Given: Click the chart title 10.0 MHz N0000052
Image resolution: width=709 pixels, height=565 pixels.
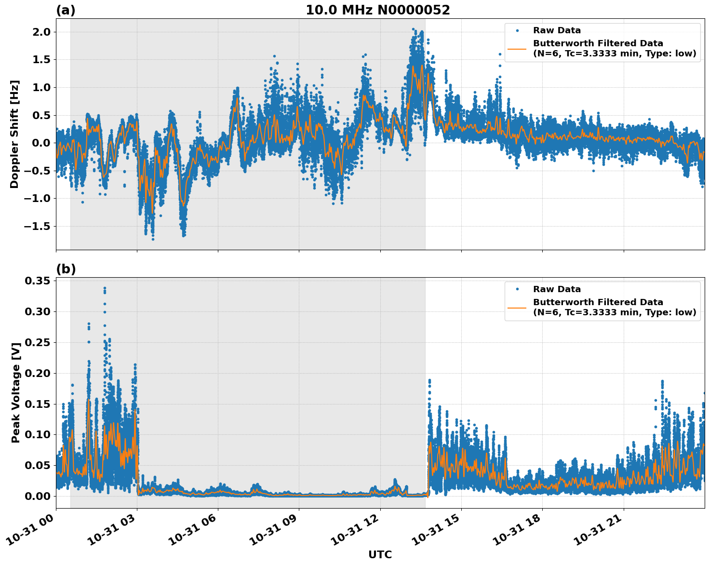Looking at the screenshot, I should pos(377,10).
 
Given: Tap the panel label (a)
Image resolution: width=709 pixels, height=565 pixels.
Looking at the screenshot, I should pos(66,10).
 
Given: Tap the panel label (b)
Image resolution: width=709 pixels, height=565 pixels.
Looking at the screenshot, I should pos(66,269).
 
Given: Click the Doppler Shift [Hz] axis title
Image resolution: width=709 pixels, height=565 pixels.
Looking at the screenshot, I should pos(14,134).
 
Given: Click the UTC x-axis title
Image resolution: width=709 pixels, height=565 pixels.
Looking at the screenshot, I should pos(380,554).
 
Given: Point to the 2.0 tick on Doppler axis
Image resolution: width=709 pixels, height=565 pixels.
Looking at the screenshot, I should pos(40,32).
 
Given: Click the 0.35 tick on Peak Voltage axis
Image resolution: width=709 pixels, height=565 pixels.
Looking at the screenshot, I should pos(38,281).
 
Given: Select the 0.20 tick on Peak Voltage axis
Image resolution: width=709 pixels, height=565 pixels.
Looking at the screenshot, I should pos(38,373).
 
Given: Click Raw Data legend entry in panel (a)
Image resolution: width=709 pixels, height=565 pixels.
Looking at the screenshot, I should pos(557,30).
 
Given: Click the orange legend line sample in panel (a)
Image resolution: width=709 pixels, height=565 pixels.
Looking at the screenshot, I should pos(517,49).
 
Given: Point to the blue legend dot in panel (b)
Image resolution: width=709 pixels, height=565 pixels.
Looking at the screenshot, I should pos(517,289).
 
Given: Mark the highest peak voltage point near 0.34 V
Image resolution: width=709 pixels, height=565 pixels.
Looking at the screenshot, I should pos(105,288).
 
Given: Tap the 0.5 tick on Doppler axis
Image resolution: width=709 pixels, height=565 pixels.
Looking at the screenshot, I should pos(40,115).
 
